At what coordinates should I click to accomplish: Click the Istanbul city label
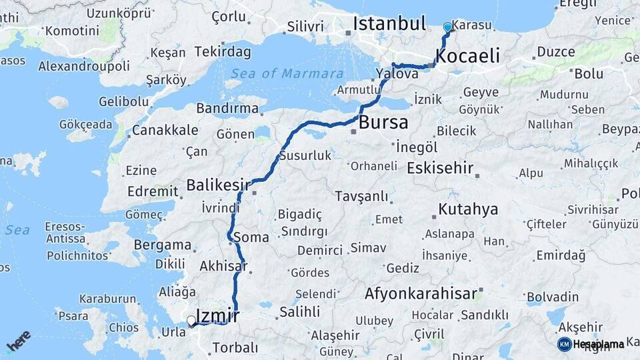389,24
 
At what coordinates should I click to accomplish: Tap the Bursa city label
383,123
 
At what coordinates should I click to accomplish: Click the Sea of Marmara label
287,74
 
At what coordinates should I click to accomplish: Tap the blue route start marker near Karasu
447,27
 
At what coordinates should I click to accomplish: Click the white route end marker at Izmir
191,321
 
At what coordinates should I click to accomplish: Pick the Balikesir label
218,185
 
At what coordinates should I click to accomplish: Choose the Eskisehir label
439,167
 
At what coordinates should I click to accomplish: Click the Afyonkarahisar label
421,293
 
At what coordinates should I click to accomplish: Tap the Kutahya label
468,209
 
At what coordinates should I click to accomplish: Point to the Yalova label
397,74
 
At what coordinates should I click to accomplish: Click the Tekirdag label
222,52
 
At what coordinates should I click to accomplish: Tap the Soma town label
251,237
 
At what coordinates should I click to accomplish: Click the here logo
19,341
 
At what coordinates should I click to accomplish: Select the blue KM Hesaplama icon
564,344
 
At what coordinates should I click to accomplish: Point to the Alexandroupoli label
84,66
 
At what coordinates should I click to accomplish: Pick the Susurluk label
305,155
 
